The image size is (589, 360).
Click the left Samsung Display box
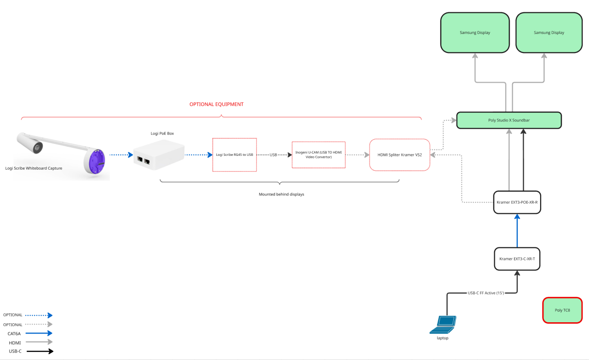click(475, 32)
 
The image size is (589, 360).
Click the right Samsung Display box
click(549, 32)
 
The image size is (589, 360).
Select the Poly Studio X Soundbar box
click(509, 120)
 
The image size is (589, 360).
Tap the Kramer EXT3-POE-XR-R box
click(517, 202)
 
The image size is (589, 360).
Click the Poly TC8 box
click(562, 310)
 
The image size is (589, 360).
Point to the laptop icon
click(443, 325)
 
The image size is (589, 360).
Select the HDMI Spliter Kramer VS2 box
click(399, 155)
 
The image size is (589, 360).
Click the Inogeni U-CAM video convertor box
click(318, 155)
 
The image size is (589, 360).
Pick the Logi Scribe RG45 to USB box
click(234, 155)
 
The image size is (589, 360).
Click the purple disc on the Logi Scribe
click(95, 161)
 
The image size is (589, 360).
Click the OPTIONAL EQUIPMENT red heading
click(216, 104)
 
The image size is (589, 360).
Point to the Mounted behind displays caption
click(281, 194)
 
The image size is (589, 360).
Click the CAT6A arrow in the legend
click(40, 333)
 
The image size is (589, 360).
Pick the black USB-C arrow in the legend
click(40, 351)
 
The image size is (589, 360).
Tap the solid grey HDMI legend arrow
click(40, 342)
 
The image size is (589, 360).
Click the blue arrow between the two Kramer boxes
click(517, 230)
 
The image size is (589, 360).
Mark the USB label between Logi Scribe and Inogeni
click(273, 155)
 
